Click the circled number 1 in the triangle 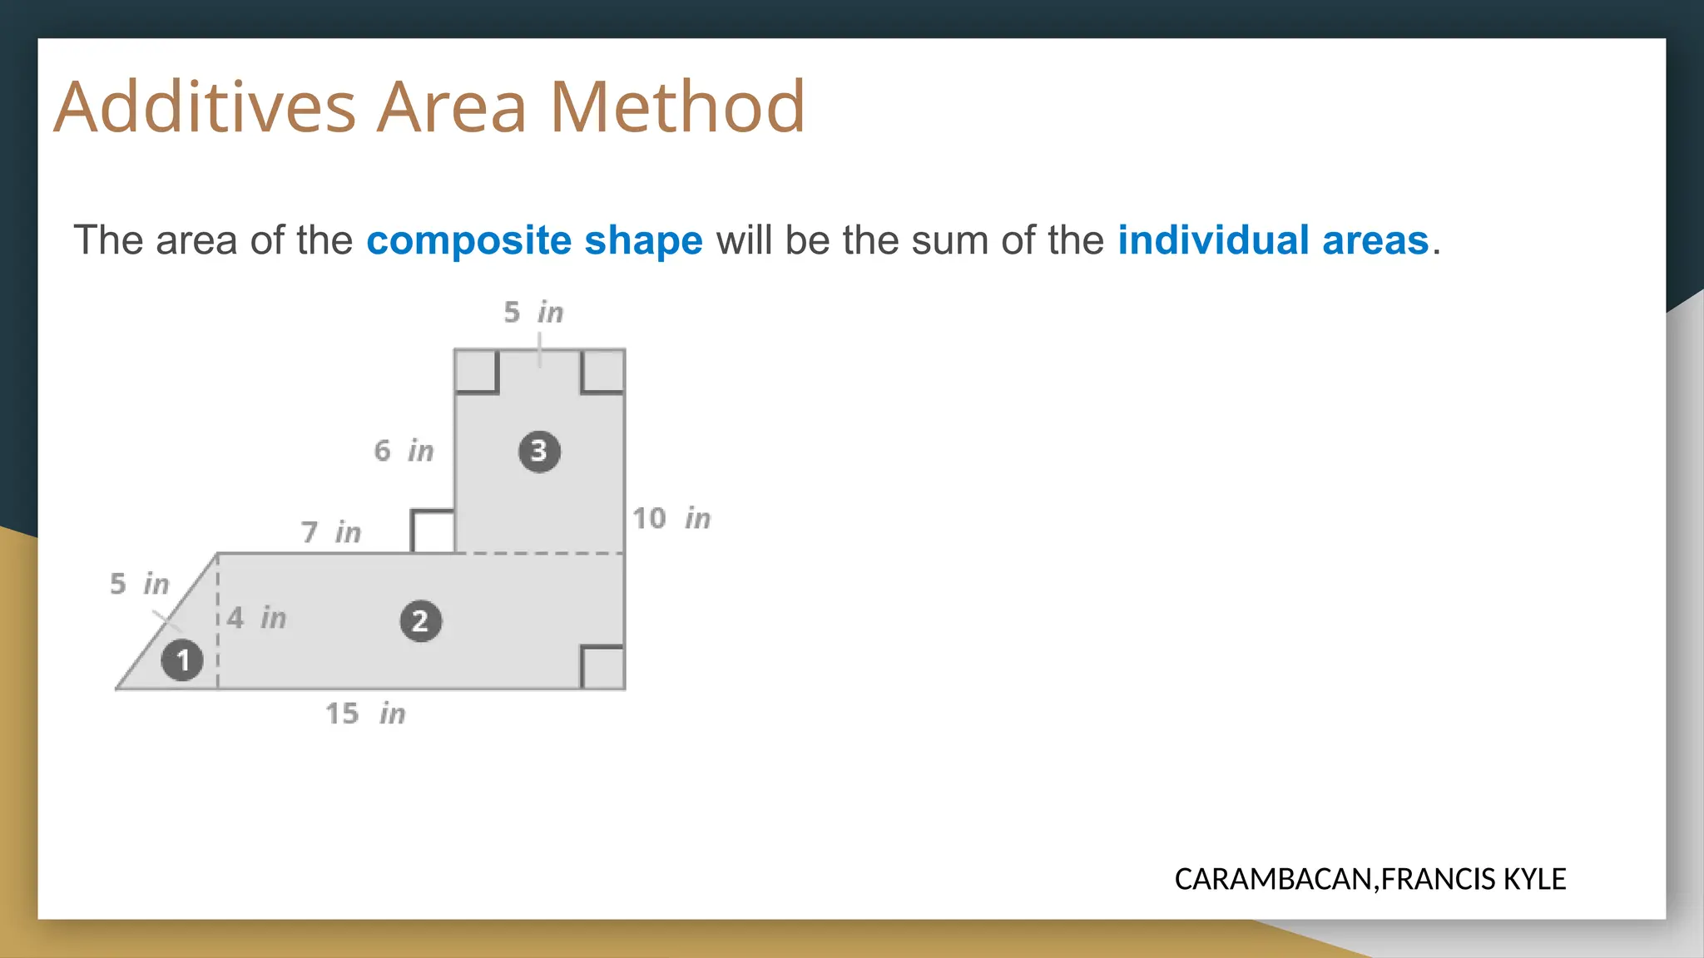click(x=182, y=660)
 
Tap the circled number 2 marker click(x=420, y=621)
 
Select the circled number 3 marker click(x=539, y=452)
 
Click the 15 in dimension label click(x=365, y=714)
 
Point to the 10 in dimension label click(x=671, y=518)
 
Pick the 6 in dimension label click(x=404, y=451)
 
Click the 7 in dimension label click(x=331, y=531)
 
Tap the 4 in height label click(x=256, y=618)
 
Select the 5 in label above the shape click(x=533, y=313)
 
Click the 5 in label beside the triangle click(x=140, y=584)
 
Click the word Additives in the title click(x=205, y=107)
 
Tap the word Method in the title click(x=677, y=107)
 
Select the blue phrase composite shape click(x=534, y=240)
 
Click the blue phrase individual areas click(x=1272, y=240)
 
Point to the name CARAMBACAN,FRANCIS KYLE click(x=1370, y=879)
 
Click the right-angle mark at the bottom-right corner click(x=603, y=668)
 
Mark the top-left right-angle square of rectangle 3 click(x=476, y=371)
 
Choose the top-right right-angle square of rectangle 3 click(x=603, y=371)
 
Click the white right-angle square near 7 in click(x=433, y=531)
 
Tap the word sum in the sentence click(x=949, y=240)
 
